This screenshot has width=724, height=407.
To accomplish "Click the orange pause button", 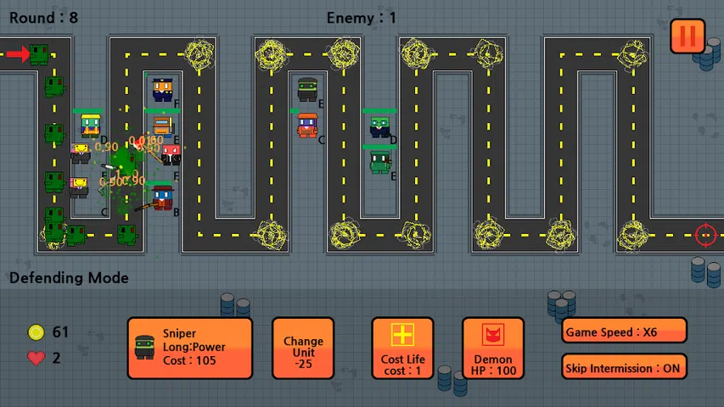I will (688, 36).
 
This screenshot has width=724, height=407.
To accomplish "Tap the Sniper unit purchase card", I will (190, 348).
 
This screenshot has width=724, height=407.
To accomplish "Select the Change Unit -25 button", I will (303, 348).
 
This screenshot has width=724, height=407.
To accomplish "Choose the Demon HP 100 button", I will (493, 348).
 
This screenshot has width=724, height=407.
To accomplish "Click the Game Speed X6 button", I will (624, 332).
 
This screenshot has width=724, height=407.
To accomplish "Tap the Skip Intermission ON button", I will (624, 366).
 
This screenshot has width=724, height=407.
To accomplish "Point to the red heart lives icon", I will (36, 358).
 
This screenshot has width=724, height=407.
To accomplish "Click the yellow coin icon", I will (36, 332).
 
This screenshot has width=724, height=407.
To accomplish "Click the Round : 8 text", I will (44, 18).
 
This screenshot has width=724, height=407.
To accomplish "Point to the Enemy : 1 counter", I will (361, 18).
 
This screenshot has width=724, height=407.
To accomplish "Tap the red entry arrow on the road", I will (17, 55).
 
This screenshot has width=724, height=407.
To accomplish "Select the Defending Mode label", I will (69, 278).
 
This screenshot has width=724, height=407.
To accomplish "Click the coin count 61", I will (60, 332).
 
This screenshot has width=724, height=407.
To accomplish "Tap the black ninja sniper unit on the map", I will (307, 88).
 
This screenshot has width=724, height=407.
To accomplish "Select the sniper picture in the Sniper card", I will (145, 346).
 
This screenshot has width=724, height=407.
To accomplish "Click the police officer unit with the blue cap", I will (163, 88).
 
